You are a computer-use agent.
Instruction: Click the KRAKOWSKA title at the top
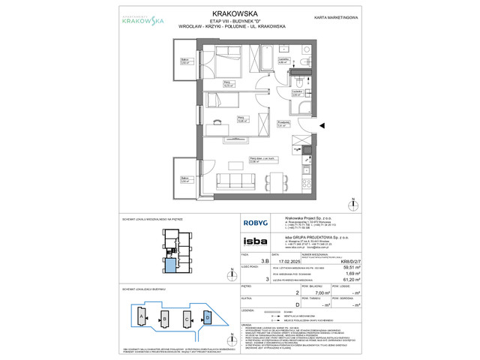[x=240, y=13]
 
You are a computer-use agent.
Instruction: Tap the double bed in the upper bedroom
[x=223, y=64]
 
